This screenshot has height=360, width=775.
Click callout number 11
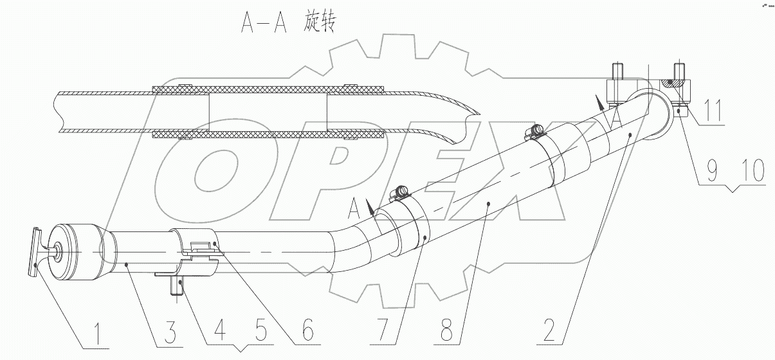point(712,110)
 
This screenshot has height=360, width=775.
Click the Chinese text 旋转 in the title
point(318,24)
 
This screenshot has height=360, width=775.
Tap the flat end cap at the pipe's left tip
point(33,251)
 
